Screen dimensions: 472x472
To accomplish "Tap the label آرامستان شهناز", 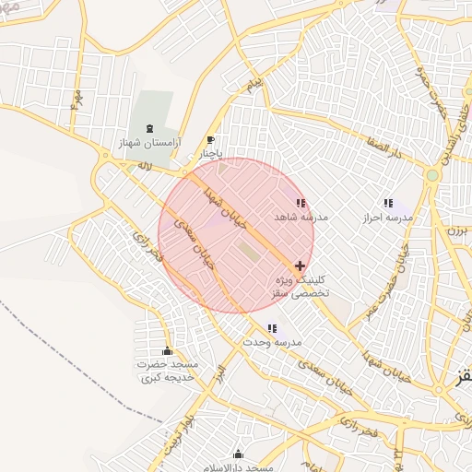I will (x=148, y=145).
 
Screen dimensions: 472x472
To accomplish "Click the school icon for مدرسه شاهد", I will (x=300, y=203).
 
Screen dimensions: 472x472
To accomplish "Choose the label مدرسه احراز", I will (x=388, y=218).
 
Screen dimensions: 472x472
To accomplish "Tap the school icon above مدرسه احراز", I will (x=388, y=203).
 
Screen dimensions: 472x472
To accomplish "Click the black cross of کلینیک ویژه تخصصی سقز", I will (x=301, y=265).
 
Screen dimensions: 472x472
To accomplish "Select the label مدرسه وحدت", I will (x=273, y=342).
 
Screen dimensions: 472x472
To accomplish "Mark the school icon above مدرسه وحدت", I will (x=272, y=328).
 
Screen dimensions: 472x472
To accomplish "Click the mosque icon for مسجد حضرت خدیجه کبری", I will (x=167, y=350).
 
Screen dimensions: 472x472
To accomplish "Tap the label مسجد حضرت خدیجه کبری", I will (x=168, y=371).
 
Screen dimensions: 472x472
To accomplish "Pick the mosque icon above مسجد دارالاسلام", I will (x=239, y=454).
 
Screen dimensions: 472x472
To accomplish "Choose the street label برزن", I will (x=458, y=231).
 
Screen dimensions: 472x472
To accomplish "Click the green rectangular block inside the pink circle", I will (x=249, y=250).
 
